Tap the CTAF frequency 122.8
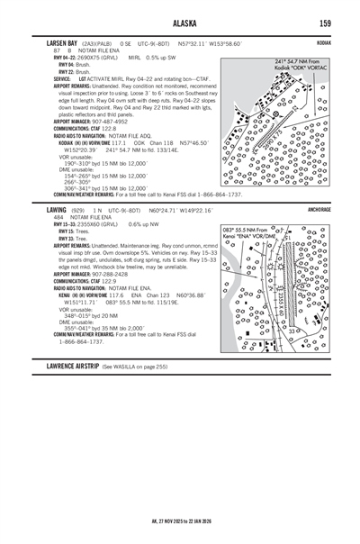point(108,128)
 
